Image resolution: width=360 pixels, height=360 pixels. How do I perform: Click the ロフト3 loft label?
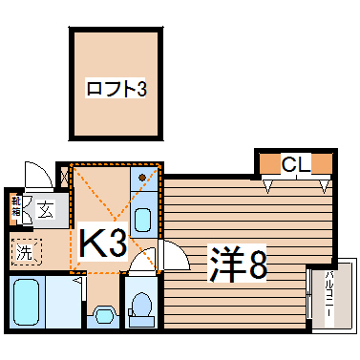[116, 92]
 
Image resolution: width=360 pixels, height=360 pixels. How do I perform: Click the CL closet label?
[295, 165]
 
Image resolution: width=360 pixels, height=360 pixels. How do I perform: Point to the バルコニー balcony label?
[328, 297]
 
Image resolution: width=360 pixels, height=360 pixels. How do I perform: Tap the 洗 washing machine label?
[26, 253]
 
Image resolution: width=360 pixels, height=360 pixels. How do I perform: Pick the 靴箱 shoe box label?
[16, 207]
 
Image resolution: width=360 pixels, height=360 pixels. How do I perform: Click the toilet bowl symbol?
[142, 307]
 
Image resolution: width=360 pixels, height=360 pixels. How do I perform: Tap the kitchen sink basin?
[142, 220]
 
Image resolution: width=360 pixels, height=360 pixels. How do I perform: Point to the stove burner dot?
[142, 177]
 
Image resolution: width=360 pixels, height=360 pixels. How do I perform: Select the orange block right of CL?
[324, 164]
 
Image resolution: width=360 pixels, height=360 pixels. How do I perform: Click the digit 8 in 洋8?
[255, 263]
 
